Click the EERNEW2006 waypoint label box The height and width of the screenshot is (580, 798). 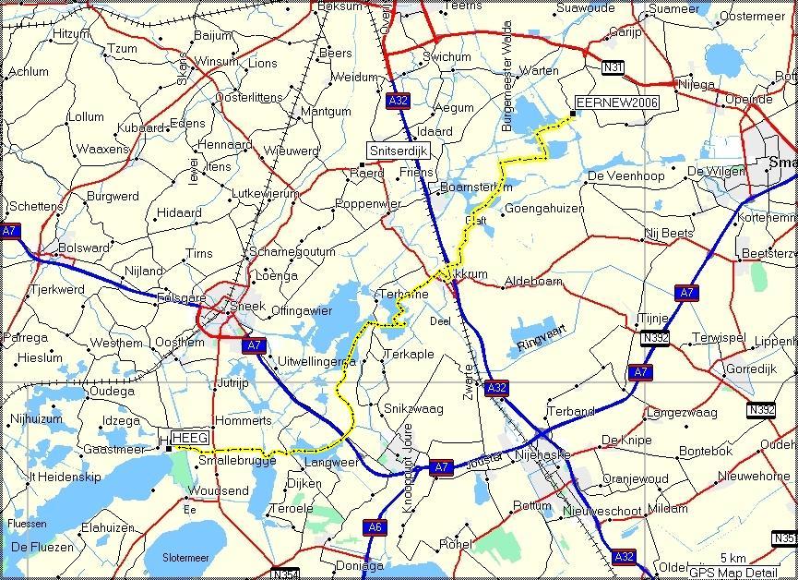pos(617,103)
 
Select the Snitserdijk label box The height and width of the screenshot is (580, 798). pos(399,150)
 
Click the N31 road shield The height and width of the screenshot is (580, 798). pos(612,67)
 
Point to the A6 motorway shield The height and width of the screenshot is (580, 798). pos(374,527)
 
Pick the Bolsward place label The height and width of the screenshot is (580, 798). pos(76,248)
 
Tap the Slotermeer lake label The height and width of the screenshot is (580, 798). pos(185,558)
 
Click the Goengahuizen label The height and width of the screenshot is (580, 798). pos(544,209)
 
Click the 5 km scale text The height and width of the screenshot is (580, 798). pos(732,558)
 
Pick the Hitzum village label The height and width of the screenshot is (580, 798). pos(74,33)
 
